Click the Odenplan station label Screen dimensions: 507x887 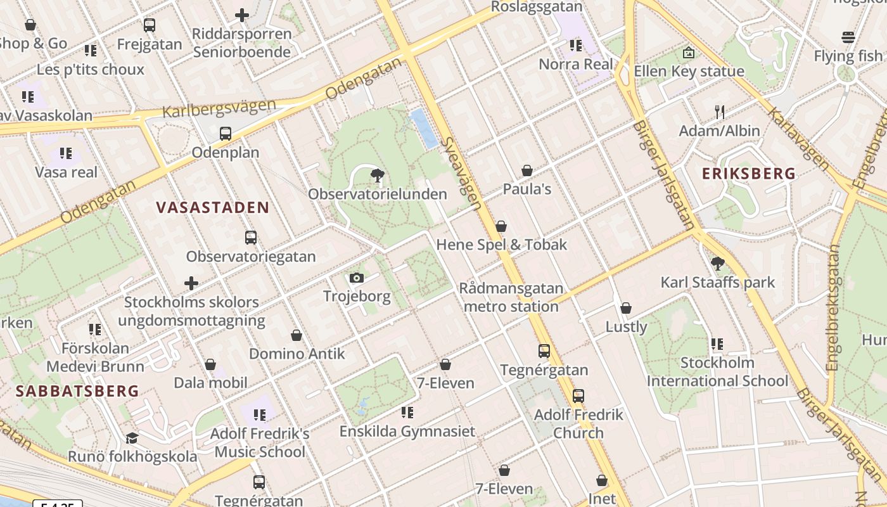coord(226,153)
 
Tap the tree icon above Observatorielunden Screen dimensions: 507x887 coord(378,176)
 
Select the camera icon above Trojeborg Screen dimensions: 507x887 coord(357,278)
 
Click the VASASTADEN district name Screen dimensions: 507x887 coord(213,207)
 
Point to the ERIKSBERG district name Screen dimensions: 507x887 coord(748,173)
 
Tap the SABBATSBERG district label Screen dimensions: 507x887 coord(77,390)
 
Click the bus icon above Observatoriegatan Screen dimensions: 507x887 coord(251,238)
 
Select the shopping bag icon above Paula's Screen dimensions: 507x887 coord(526,170)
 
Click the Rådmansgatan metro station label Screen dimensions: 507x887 coord(511,297)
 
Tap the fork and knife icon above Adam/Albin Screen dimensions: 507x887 coord(719,112)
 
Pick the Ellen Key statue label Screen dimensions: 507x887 coord(689,71)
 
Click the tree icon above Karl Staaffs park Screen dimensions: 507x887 coord(718,264)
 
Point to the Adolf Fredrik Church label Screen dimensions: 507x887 coord(578,424)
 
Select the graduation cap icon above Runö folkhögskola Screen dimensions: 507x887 coord(132,438)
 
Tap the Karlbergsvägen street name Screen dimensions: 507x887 coord(219,108)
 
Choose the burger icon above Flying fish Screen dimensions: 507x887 coord(848,37)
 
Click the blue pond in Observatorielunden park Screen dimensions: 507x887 coord(424,127)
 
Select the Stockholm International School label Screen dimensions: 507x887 coord(717,372)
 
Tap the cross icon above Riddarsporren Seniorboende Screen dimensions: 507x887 coord(241,15)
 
